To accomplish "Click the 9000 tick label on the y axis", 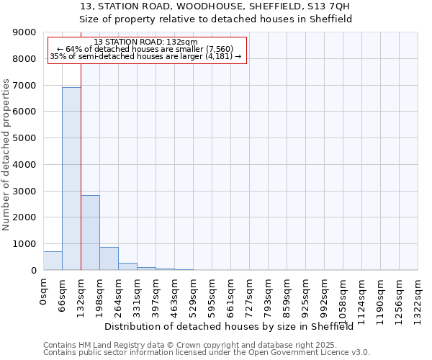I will [x=24, y=32].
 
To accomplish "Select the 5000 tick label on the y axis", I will [x=24, y=138].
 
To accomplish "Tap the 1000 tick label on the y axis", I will [x=24, y=244].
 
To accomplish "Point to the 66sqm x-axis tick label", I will [x=63, y=294].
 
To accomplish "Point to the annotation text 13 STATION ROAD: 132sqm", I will [x=145, y=42].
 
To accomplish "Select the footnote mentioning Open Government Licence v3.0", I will [x=207, y=353].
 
